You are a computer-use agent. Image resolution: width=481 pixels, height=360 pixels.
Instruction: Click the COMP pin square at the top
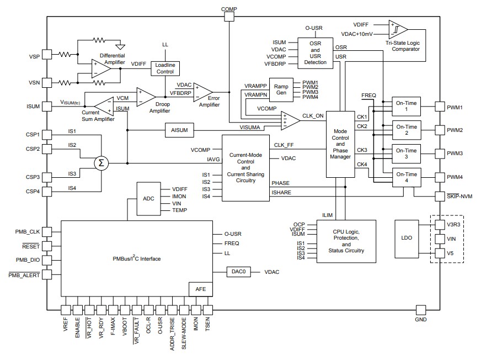pos(229,17)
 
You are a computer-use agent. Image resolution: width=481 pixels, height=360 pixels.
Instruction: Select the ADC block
pos(148,199)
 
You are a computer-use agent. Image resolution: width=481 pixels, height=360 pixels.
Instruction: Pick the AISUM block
pos(177,130)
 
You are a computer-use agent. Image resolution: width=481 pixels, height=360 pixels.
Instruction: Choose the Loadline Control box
pos(165,68)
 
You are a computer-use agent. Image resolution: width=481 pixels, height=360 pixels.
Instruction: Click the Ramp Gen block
pos(281,89)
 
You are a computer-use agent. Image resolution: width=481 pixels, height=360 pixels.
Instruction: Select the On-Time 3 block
pos(405,153)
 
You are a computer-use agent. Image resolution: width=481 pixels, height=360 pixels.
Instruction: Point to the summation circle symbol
pos(100,163)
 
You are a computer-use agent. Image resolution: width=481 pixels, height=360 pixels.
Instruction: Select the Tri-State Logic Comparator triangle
pos(398,29)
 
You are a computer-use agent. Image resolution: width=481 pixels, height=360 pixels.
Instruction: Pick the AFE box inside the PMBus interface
pos(200,289)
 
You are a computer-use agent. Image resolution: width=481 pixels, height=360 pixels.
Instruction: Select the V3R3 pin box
pos(440,225)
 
